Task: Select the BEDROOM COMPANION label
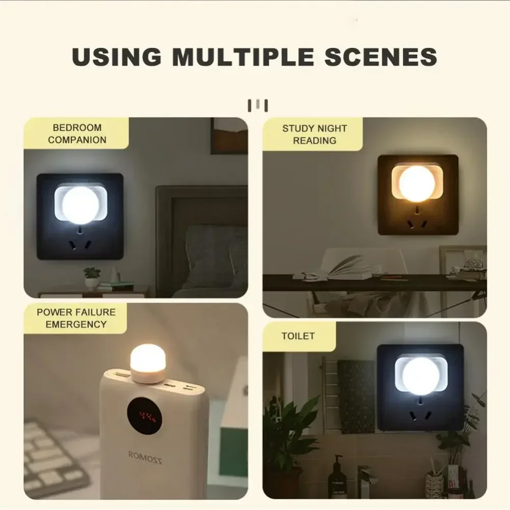point(77,134)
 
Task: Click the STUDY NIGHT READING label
point(314,134)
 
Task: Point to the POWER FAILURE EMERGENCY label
point(76,318)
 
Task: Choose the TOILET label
point(298,336)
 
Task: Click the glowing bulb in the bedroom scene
point(80,205)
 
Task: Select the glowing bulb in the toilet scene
point(420,375)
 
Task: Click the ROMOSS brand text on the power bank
point(145,457)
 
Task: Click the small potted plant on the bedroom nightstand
point(92,278)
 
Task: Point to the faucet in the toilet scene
point(365,477)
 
